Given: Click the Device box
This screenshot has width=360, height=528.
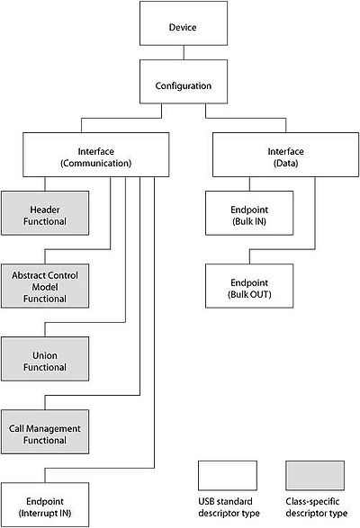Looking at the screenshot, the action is [x=184, y=23].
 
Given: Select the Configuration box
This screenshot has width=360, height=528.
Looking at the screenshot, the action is [x=184, y=82].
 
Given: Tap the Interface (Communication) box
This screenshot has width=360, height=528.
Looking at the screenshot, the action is [x=95, y=155].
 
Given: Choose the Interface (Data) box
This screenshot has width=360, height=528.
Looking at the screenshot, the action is [x=285, y=155].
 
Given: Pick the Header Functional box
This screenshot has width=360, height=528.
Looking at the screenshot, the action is [x=45, y=213].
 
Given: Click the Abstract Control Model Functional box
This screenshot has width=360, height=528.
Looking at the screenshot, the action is [x=45, y=286].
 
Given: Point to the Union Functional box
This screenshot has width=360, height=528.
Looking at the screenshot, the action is [x=45, y=359].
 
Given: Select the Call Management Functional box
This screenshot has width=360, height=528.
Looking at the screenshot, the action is [x=45, y=432].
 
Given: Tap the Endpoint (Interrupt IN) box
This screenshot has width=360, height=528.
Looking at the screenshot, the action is [x=45, y=505].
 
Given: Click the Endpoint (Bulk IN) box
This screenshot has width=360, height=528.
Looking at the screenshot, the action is [x=249, y=213].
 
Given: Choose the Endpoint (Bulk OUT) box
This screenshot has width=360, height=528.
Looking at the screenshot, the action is [x=249, y=286].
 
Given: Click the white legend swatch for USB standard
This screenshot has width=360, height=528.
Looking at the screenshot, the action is [x=228, y=476].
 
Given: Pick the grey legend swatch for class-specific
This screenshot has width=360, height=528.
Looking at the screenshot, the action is [x=315, y=476].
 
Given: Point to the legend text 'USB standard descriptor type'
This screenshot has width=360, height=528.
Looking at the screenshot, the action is [x=229, y=507].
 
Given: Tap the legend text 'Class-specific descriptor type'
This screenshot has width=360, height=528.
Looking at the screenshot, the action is [x=317, y=507].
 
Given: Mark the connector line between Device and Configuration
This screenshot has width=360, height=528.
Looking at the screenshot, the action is [x=184, y=52].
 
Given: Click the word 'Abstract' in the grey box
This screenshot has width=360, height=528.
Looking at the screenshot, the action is [x=28, y=275].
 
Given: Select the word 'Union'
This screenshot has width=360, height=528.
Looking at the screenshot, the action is [x=45, y=355].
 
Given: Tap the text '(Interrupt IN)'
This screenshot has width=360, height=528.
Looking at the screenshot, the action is [x=45, y=514].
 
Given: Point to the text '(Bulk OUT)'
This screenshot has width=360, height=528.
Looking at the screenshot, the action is [x=249, y=294].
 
